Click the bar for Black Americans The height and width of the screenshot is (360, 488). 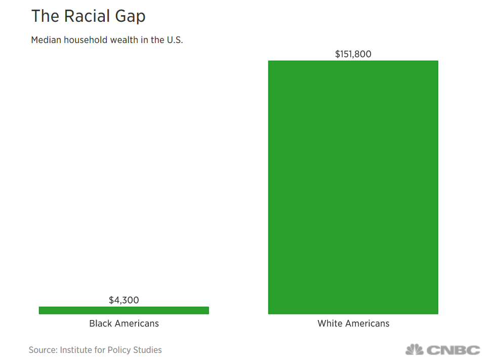click(x=124, y=310)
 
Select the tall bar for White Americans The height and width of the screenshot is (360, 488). click(x=353, y=187)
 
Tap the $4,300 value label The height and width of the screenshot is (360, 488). click(x=124, y=300)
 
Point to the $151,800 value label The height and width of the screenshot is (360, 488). click(x=353, y=54)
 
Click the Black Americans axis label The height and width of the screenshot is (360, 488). click(x=124, y=324)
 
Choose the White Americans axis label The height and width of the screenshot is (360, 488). click(x=353, y=324)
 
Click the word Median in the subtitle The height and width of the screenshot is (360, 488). click(x=45, y=40)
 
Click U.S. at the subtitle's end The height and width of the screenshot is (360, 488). click(x=174, y=40)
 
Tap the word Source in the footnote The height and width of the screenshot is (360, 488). click(x=42, y=350)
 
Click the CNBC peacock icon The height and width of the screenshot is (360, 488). click(x=414, y=349)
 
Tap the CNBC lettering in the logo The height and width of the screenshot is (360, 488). click(x=453, y=350)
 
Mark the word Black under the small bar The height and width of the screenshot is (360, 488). click(x=100, y=324)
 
